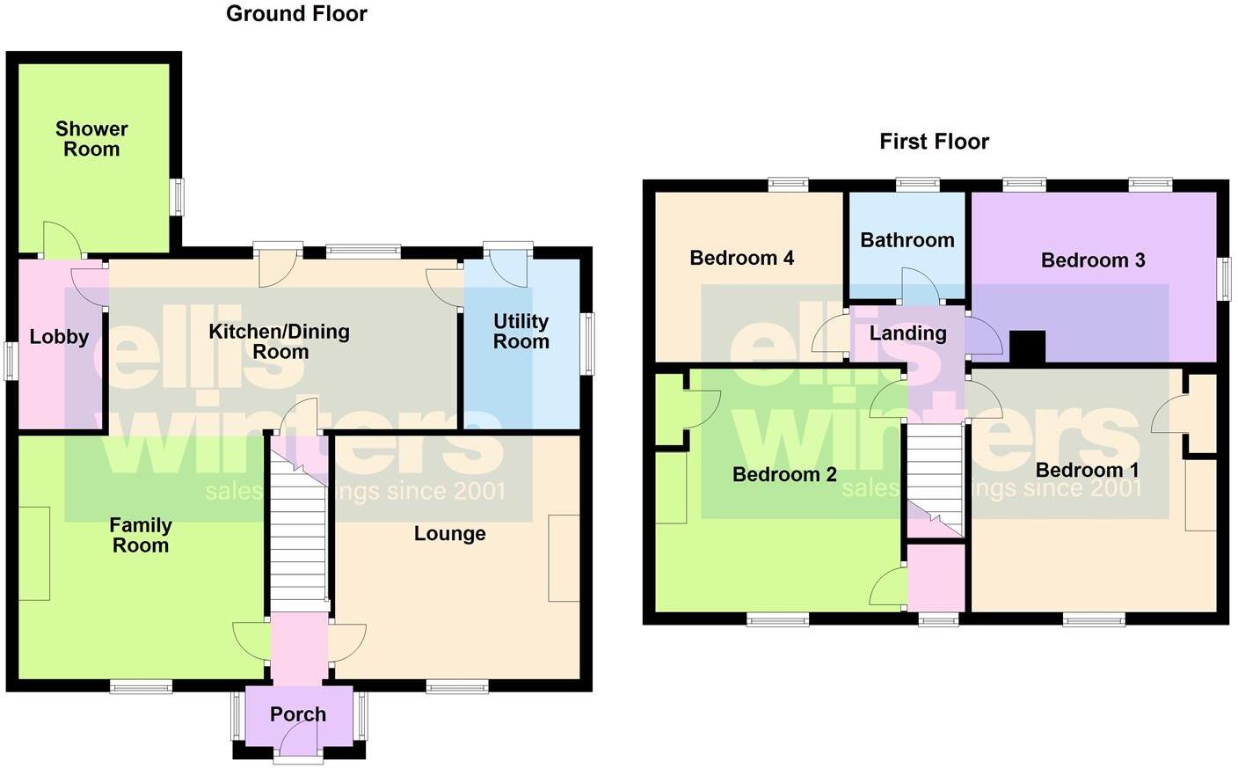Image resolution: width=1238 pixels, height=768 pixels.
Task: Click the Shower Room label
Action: point(91,139)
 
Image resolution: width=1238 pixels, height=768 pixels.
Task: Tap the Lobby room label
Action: point(59,337)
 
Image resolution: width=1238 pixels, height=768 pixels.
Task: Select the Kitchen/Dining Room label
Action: point(280,341)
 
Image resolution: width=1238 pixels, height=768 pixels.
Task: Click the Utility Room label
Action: point(521,332)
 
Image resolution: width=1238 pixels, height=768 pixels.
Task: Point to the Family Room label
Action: point(140,535)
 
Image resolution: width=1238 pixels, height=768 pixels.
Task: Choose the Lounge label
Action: point(449,534)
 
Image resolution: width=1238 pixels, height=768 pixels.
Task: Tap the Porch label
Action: point(298,714)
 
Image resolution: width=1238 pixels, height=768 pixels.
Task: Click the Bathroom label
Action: point(907,240)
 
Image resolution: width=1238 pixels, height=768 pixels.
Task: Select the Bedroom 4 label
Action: point(741,258)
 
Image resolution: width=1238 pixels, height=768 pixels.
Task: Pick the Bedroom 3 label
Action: point(1092,260)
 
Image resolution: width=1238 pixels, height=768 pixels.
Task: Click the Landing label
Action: point(907,333)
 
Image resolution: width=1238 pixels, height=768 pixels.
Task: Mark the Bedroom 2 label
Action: point(784,475)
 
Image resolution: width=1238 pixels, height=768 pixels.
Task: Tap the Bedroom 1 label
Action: point(1086,470)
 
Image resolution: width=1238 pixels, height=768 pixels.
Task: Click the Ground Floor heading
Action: point(296,13)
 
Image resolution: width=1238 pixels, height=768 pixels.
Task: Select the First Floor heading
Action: point(934,142)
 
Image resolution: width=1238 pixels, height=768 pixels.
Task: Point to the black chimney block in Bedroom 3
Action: point(1027,347)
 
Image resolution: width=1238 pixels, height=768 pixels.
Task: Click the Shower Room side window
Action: point(177,197)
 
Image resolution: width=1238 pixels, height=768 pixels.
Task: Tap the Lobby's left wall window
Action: point(11,361)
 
